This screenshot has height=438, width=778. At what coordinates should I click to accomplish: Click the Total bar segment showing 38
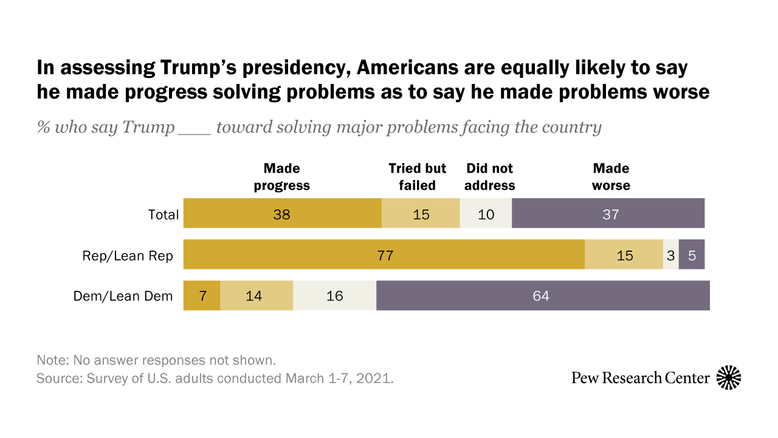click(282, 214)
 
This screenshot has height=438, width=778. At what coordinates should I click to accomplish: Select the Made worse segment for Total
click(608, 214)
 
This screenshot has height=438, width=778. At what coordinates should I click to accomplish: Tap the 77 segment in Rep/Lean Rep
click(384, 255)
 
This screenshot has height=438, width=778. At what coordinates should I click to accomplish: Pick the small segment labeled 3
click(671, 255)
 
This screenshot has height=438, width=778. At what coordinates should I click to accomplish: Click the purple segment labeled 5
click(692, 255)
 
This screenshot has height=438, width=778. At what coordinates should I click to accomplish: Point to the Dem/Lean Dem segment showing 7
click(202, 296)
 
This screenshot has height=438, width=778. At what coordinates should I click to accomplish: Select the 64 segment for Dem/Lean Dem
click(543, 296)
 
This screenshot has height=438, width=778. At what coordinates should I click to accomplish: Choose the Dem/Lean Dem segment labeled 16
click(334, 296)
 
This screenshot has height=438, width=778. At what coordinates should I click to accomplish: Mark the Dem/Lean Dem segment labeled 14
click(256, 296)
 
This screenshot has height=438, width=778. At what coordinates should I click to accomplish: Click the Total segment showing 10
click(486, 214)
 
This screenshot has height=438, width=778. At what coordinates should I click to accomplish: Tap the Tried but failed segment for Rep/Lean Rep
click(624, 255)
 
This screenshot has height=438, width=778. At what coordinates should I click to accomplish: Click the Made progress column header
click(282, 177)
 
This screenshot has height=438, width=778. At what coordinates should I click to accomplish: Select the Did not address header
click(489, 177)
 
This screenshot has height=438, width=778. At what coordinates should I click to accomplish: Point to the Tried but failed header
click(418, 177)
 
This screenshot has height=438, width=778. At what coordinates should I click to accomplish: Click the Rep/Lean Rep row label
click(128, 256)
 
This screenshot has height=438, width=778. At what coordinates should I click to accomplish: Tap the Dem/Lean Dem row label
click(123, 296)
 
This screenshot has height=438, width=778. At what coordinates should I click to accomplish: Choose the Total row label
click(164, 215)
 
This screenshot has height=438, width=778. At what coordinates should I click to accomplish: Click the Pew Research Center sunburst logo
click(729, 378)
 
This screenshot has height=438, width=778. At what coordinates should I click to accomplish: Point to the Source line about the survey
click(215, 378)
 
